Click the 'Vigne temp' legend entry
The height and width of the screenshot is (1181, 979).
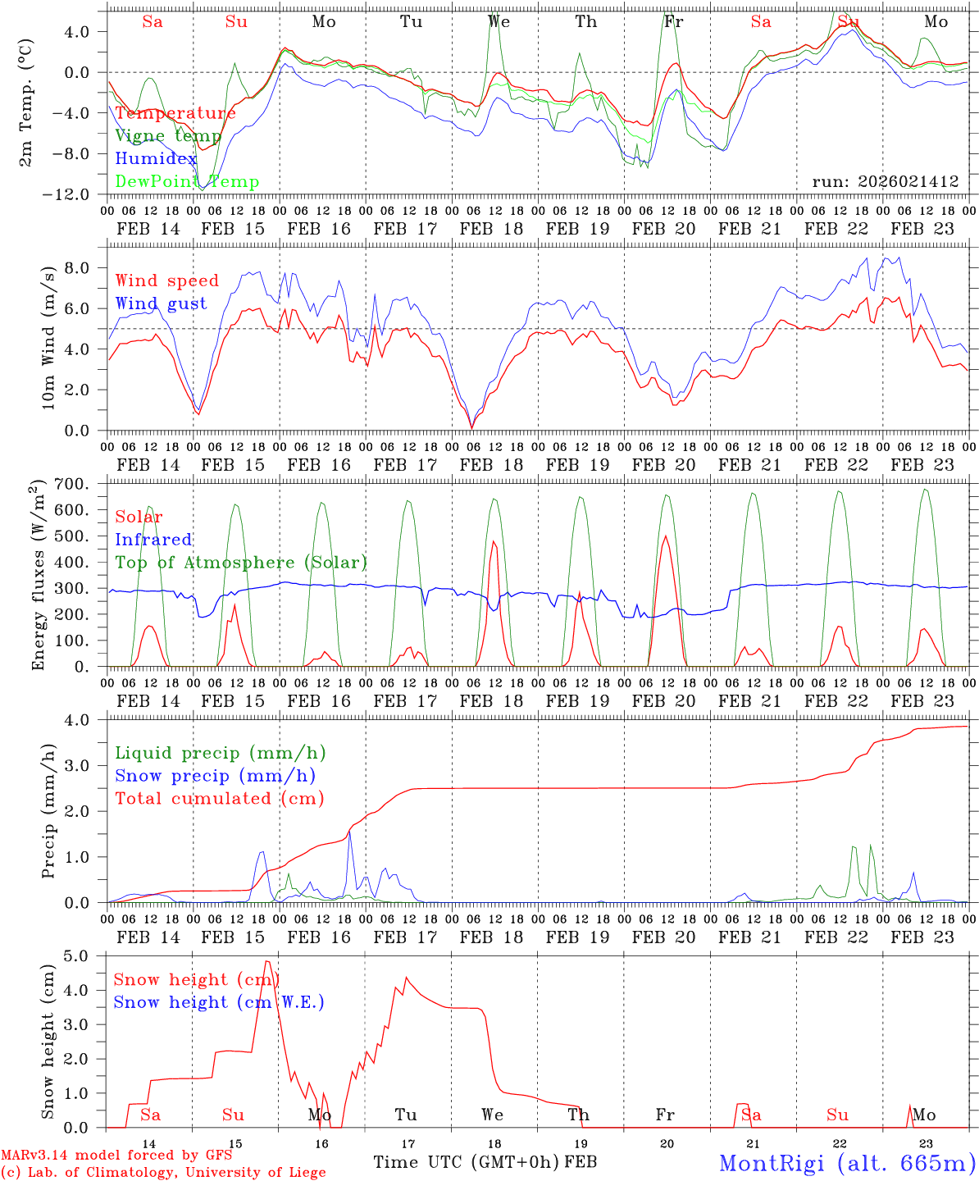[168, 136]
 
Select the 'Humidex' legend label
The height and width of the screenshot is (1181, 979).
[156, 159]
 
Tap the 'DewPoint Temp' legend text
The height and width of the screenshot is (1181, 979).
[187, 182]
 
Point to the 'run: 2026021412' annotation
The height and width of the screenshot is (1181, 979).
[886, 182]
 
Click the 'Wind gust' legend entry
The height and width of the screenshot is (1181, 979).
[162, 303]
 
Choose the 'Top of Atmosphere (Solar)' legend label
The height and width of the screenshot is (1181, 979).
[241, 563]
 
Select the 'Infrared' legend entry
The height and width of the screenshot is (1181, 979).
[153, 540]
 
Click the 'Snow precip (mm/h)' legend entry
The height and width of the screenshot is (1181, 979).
[215, 776]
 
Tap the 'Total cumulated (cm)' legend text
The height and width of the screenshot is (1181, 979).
[220, 798]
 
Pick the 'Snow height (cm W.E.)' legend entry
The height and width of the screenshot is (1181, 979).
[219, 1002]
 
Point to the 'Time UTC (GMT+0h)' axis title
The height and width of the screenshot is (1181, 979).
[467, 1162]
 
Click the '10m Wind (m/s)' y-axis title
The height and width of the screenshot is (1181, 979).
[48, 336]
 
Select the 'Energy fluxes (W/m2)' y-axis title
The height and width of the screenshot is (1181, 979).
[39, 577]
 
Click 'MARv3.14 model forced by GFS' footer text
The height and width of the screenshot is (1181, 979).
[116, 1156]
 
